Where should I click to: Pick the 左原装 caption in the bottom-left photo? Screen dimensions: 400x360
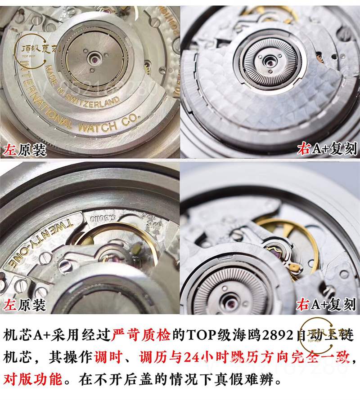25,306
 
